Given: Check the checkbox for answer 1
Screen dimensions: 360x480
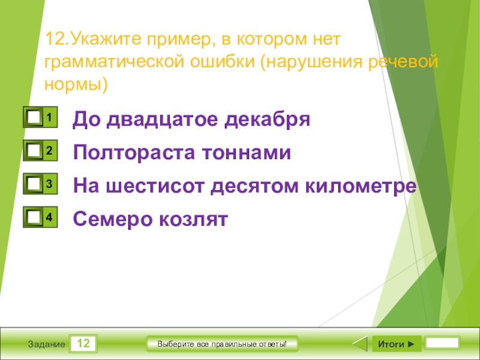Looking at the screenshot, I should coord(34,117).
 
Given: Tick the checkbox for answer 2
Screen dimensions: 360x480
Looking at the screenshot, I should coord(34,151).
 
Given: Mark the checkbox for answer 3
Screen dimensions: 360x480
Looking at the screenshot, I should coord(34,185).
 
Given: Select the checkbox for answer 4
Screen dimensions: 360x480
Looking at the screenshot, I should coord(34,218).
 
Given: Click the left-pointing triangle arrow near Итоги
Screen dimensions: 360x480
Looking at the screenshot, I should coord(359,344).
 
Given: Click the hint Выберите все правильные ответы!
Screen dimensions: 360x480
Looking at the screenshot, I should coord(222,344).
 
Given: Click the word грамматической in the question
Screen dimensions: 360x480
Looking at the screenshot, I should coord(127,63).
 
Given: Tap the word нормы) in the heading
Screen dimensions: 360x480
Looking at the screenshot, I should coord(76,84).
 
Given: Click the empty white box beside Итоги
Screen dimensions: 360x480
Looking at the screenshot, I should coord(442,344).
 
